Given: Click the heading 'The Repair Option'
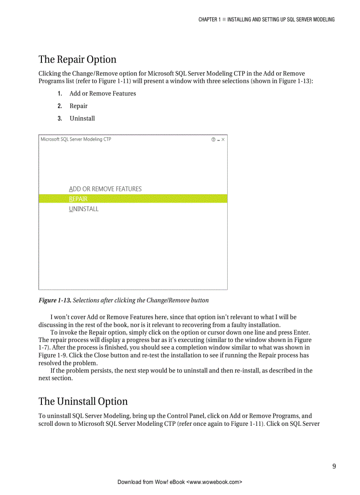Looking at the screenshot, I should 77,60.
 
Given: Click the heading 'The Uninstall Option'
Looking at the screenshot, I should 83,402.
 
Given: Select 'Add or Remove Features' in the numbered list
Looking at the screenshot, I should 102,93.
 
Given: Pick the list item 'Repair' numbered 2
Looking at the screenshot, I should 79,106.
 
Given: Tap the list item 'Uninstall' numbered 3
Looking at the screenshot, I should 82,118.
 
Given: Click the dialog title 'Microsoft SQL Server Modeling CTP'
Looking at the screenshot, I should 76,139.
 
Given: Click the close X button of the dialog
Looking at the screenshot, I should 223,139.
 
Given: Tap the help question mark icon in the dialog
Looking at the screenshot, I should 214,139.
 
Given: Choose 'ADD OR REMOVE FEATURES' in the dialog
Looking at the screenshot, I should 105,189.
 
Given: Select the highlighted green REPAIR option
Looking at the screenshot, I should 79,199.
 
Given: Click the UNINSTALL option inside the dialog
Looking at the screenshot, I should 84,209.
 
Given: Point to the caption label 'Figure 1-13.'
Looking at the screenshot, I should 55,300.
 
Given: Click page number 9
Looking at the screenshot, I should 334,466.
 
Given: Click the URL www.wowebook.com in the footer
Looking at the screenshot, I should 215,482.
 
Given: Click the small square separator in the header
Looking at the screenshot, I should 224,19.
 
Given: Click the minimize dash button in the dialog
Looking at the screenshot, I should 218,139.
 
